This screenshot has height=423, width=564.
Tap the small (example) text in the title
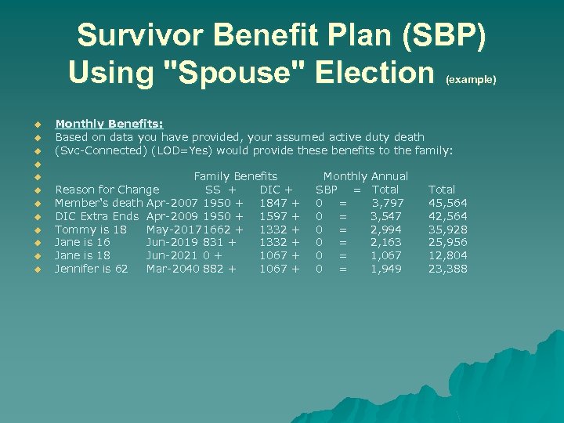(x=471, y=79)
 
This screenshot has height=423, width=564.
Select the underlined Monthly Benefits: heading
(x=109, y=123)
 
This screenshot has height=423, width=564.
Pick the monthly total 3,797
(x=388, y=203)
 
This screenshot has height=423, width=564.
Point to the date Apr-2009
(x=172, y=216)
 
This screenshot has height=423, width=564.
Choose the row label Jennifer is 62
(x=92, y=269)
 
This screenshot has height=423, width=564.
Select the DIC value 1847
(x=273, y=203)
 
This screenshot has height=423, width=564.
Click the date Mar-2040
(x=172, y=269)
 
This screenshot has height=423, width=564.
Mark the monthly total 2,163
(x=387, y=243)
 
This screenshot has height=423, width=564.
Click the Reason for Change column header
(x=107, y=190)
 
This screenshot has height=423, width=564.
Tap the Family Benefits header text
(x=235, y=176)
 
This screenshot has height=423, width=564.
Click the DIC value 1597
(x=273, y=216)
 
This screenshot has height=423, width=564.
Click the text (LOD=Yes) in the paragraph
(x=186, y=150)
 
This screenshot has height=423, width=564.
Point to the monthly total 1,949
(x=387, y=269)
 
